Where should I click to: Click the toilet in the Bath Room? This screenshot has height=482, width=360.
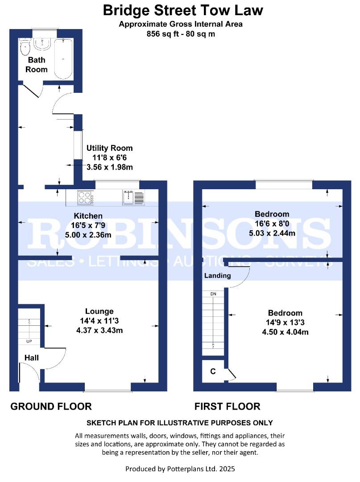pos(25,46)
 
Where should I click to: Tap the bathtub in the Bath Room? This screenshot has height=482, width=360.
pos(63,58)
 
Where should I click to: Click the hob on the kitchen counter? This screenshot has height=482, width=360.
pos(85,198)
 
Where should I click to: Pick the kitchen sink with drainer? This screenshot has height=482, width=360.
pos(133,197)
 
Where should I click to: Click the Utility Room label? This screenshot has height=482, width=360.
pos(109,148)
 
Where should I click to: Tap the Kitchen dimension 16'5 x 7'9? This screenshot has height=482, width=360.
pos(88,225)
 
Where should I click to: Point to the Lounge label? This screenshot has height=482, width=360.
pos(99,311)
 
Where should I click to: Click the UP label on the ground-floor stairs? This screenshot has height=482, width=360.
pos(29,341)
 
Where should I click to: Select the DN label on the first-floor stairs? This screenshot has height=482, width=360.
pos(213,294)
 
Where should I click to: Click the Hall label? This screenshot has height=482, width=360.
pos(31,357)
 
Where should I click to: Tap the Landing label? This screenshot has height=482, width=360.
pos(218,275)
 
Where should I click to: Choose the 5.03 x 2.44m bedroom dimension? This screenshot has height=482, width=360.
pos(272,233)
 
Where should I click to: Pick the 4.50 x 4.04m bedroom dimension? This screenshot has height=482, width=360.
pos(285,332)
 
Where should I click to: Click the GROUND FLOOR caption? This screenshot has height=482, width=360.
pos(51,407)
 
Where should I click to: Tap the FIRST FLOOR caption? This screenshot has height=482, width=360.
pos(228,407)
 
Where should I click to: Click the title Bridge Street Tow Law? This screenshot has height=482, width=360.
pos(183,10)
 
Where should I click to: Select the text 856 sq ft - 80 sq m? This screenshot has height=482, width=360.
pos(181,34)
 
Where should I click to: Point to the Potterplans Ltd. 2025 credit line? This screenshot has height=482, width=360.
pos(180,469)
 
